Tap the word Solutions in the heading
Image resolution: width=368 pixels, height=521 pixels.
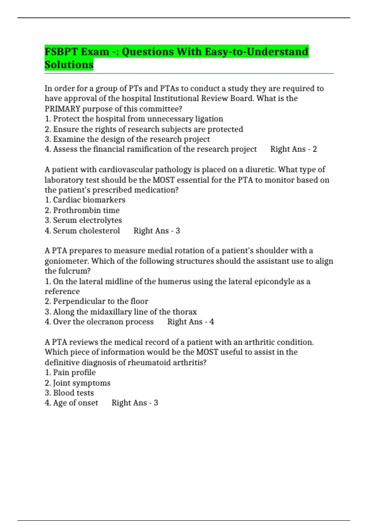click(69, 65)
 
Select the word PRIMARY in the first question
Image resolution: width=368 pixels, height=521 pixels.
click(62, 109)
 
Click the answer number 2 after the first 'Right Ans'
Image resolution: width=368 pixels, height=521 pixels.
click(315, 149)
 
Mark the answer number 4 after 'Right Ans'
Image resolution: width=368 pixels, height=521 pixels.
click(212, 322)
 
